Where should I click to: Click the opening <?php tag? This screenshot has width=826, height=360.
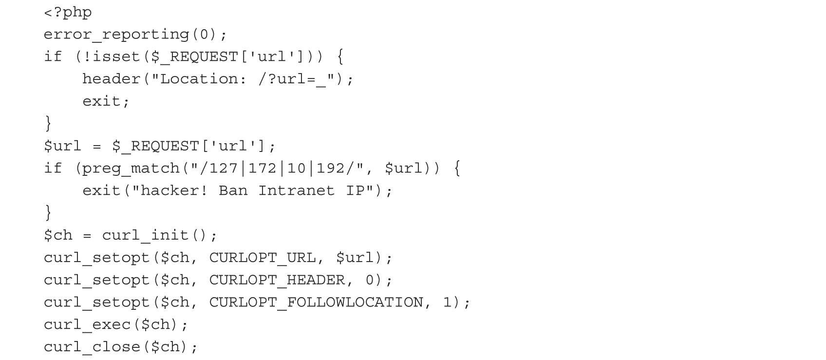(68, 12)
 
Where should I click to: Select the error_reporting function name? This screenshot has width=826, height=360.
(116, 35)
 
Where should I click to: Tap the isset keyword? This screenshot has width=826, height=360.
(116, 57)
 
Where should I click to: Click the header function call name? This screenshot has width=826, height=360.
(111, 79)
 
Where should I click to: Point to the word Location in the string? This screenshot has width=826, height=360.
(198, 79)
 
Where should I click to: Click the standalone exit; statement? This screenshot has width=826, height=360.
(106, 101)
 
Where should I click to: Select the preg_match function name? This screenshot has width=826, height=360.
(131, 169)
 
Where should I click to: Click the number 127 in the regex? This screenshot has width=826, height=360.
(224, 169)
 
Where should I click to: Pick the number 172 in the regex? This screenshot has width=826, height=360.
(263, 169)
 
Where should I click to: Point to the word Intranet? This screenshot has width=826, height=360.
(296, 190)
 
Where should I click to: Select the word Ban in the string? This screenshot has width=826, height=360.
(233, 190)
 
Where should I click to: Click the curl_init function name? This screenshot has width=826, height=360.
(145, 235)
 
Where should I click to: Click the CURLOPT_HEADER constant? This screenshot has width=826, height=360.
(277, 280)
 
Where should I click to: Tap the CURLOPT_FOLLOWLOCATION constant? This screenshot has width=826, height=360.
(316, 303)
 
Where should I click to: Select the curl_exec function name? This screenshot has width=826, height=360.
(87, 324)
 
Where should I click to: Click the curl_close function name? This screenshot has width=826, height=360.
(92, 347)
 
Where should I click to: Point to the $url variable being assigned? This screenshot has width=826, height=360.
(62, 146)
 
